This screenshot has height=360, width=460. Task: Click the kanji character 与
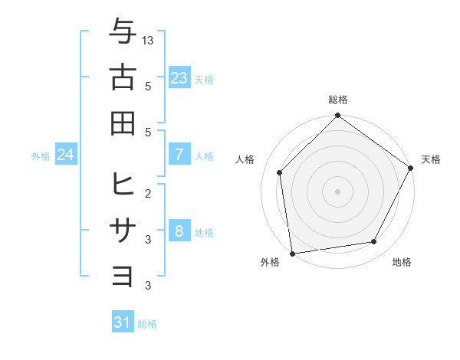[122, 31]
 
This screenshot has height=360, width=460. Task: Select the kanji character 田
[122, 122]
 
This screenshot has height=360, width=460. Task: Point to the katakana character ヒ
[122, 185]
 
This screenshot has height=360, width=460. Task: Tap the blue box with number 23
[179, 78]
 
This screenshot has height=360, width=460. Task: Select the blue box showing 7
[179, 155]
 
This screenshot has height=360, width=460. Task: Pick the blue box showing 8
[179, 232]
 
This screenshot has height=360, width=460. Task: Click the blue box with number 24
[65, 155]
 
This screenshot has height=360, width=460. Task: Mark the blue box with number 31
[123, 322]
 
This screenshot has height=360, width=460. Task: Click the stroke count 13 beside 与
[148, 39]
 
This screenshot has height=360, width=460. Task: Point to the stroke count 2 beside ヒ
[148, 192]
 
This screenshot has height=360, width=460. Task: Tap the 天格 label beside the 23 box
[204, 80]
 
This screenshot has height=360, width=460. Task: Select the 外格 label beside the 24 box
[41, 156]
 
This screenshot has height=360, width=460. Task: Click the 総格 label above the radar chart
[337, 100]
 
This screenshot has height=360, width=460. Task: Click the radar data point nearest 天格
[410, 168]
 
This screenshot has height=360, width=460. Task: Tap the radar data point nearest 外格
[292, 252]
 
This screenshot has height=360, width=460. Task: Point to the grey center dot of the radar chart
[337, 191]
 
